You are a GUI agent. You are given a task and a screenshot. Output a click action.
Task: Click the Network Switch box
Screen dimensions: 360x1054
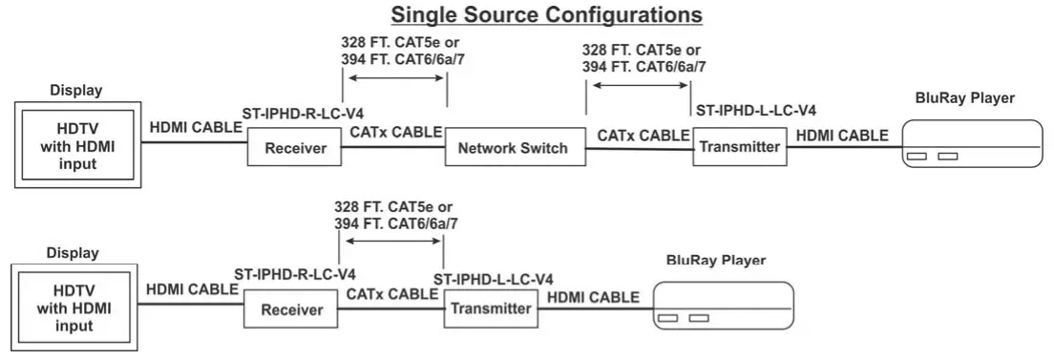pyautogui.click(x=513, y=148)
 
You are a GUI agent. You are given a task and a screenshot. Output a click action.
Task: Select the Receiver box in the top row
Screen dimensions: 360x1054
pyautogui.click(x=295, y=148)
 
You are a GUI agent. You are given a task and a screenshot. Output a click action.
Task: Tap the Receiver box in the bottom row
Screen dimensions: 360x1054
pyautogui.click(x=292, y=310)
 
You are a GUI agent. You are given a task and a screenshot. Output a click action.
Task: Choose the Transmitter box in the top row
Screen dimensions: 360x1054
pyautogui.click(x=739, y=147)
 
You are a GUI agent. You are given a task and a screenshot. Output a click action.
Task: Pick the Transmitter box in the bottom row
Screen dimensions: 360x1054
pyautogui.click(x=490, y=308)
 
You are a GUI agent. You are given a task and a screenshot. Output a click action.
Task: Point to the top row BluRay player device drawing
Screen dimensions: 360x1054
pyautogui.click(x=971, y=144)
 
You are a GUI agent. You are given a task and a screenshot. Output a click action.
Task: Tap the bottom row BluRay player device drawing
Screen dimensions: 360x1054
pyautogui.click(x=723, y=307)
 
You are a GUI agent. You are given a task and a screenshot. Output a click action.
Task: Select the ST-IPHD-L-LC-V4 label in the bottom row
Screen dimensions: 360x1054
pyautogui.click(x=494, y=279)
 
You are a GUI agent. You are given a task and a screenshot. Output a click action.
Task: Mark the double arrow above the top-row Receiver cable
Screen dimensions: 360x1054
pyautogui.click(x=393, y=82)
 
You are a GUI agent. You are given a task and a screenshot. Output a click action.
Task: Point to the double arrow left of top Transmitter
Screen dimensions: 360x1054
pyautogui.click(x=639, y=85)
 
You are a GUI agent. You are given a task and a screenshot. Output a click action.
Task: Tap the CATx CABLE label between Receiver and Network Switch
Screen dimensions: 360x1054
pyautogui.click(x=395, y=132)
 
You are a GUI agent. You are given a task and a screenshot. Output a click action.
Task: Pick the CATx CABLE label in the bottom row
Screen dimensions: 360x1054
pyautogui.click(x=392, y=294)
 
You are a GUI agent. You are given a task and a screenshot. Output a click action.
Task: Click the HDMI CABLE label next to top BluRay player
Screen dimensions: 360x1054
pyautogui.click(x=842, y=135)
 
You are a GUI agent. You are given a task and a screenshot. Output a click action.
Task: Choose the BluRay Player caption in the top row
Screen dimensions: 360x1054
pyautogui.click(x=964, y=97)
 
